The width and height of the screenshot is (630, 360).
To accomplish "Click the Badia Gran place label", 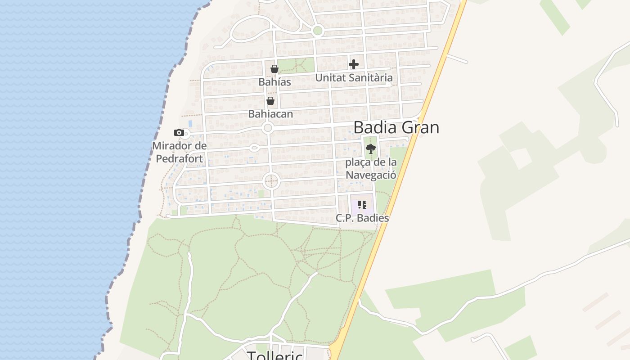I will [396, 127].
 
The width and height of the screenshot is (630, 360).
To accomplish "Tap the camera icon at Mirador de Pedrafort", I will [179, 132].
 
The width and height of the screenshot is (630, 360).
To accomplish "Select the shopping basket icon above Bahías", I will [274, 69].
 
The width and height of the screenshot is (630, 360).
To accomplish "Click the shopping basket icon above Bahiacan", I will [270, 101].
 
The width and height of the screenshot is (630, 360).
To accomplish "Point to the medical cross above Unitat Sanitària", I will [354, 64].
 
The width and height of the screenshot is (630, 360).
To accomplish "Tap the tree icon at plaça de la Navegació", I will [370, 148].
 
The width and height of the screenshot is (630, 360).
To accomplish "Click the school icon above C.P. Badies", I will [362, 205].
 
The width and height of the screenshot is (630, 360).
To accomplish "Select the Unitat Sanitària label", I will [354, 78].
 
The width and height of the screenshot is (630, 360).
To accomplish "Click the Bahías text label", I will [274, 82].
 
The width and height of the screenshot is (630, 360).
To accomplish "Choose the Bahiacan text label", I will [270, 114].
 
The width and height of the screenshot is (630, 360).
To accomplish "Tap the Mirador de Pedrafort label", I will [180, 152].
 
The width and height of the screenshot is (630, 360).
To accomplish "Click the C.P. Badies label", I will [362, 218].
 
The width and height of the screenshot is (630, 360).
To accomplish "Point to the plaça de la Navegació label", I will [371, 169].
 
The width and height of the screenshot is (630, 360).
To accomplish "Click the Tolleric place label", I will [275, 355].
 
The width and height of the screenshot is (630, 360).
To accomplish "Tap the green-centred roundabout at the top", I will [318, 31].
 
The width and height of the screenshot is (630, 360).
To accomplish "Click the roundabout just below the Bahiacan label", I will [268, 128].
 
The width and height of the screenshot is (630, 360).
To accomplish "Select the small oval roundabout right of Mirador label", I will [254, 148].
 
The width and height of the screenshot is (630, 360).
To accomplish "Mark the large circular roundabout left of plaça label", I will [271, 181].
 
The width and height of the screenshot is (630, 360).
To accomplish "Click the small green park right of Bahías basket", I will [295, 65].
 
